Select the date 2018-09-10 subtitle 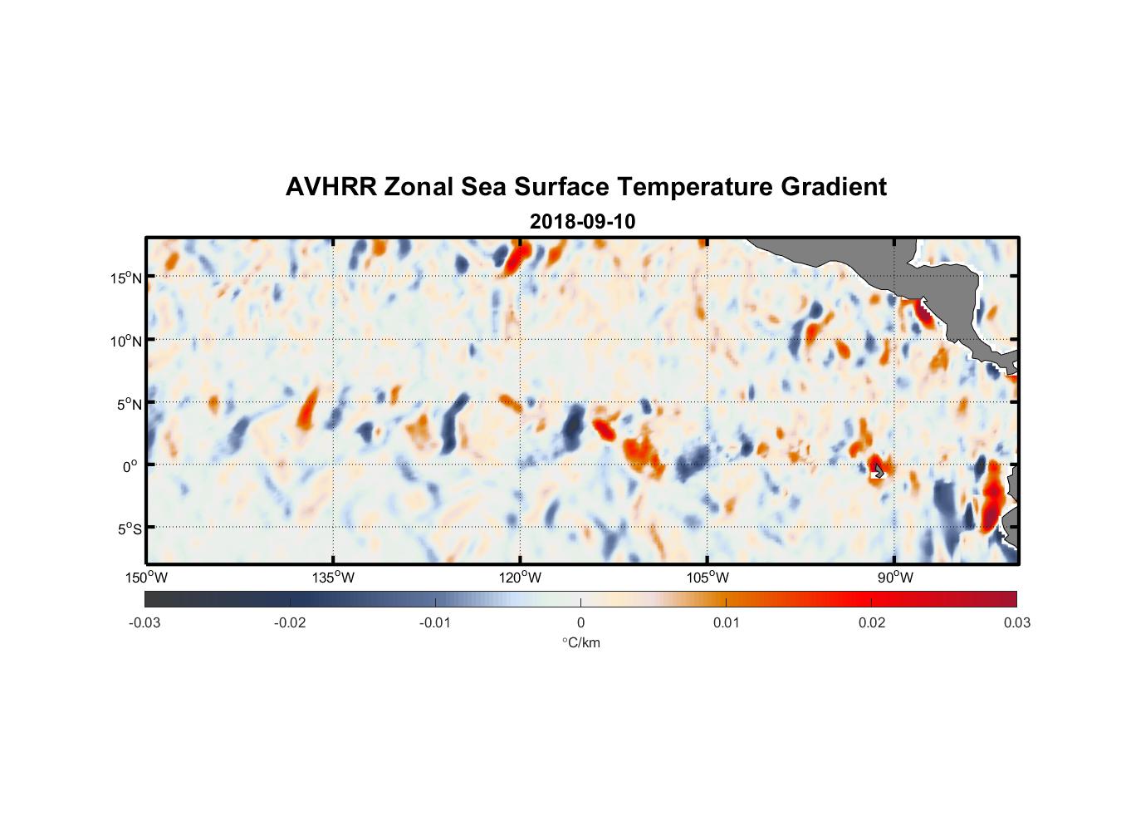point(582,222)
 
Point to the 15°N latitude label point(125,278)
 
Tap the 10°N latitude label point(125,341)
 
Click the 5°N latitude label point(129,404)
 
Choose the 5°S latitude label point(129,529)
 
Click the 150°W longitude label point(147,578)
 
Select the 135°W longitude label point(334,578)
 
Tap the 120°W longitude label point(521,578)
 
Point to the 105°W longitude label point(707,578)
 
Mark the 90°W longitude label point(895,578)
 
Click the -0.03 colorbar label point(144,622)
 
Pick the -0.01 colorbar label point(435,622)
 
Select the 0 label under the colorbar point(580,622)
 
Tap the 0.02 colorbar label point(872,622)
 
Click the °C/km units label point(581,642)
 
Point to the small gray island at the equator point(879,470)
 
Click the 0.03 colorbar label point(1016,622)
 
